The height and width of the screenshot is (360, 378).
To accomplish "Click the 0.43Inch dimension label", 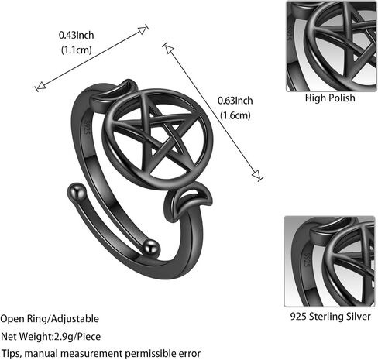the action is pos(76,35).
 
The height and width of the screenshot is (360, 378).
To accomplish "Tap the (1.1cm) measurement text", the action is pos(77,50).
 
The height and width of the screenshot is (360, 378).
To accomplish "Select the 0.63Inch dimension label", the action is pos(235,101).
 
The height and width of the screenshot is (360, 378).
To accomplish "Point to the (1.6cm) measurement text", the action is pos(235,115).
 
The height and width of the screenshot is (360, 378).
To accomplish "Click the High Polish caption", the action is pos(330,98).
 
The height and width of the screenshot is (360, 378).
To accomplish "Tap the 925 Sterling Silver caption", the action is pos(331,317).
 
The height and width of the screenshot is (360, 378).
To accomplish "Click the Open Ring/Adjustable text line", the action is pos(50,319).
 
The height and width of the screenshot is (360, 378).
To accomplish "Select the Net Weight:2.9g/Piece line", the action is pos(50,337).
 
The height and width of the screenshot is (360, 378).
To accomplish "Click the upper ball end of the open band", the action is pos(77,193).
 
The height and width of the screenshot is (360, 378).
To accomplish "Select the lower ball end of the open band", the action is pos(151,249).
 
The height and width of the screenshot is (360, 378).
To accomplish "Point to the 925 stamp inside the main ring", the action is pos(87,126).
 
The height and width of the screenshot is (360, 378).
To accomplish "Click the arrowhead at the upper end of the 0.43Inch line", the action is pos(143,30).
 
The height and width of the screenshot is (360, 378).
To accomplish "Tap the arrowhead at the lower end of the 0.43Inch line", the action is pos(41,86).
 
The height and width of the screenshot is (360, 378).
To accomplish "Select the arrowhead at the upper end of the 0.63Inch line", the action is pos(169,49).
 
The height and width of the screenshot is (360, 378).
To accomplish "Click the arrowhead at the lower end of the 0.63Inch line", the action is pos(256,175).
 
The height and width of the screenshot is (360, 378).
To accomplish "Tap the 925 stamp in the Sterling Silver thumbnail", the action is pos(307,260).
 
